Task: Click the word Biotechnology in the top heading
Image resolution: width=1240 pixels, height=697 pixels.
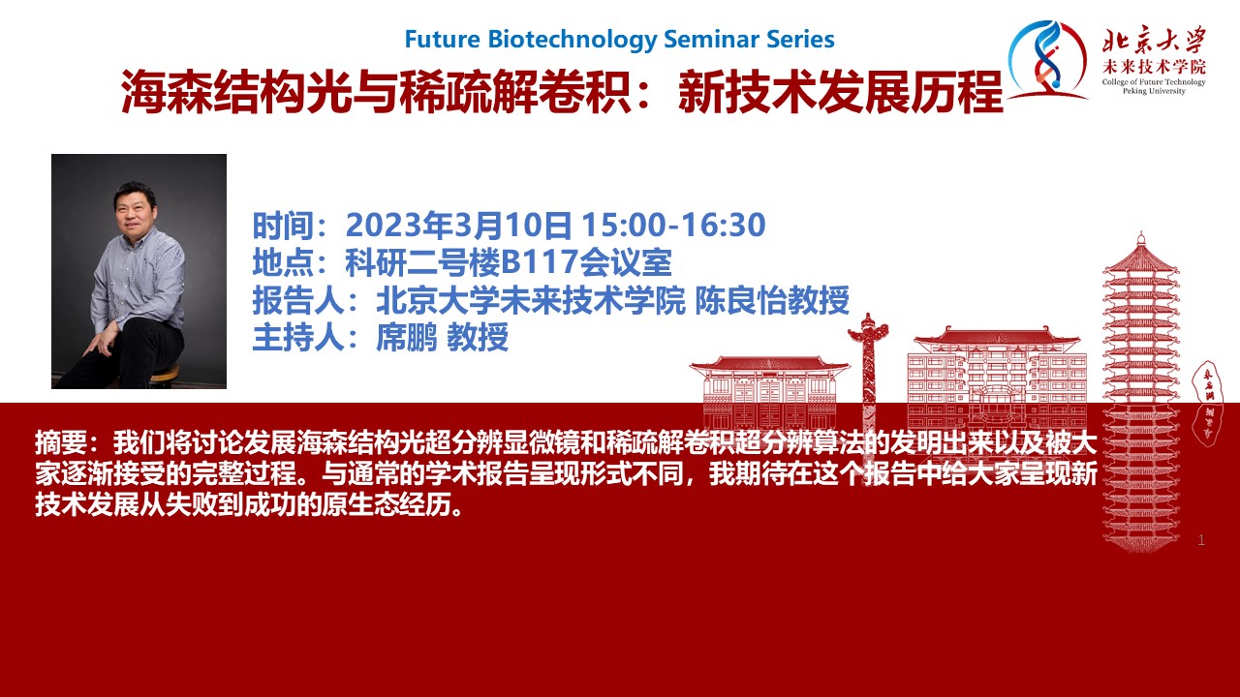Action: pyautogui.click(x=572, y=40)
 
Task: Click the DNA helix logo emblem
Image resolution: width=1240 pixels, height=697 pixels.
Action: pyautogui.click(x=1046, y=61)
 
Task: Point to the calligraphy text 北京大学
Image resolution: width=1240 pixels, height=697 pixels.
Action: pyautogui.click(x=1155, y=40)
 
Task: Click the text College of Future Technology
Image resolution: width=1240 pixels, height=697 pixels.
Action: pyautogui.click(x=1154, y=82)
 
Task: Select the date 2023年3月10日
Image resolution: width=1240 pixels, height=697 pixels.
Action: pyautogui.click(x=458, y=226)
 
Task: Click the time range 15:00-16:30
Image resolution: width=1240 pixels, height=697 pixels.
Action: pyautogui.click(x=673, y=225)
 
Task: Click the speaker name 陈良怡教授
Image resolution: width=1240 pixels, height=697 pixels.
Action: pyautogui.click(x=772, y=300)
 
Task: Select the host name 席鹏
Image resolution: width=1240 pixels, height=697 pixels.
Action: pyautogui.click(x=407, y=337)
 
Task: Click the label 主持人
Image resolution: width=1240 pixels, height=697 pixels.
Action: pyautogui.click(x=299, y=337)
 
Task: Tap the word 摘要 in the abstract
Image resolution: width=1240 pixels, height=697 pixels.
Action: pyautogui.click(x=61, y=442)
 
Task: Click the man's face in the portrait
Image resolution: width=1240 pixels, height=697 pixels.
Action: pyautogui.click(x=134, y=210)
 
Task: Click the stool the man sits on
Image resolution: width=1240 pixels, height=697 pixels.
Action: pyautogui.click(x=164, y=375)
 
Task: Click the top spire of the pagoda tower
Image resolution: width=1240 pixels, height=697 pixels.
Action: pyautogui.click(x=1141, y=242)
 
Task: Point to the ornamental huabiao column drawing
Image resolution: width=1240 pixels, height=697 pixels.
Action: pyautogui.click(x=868, y=377)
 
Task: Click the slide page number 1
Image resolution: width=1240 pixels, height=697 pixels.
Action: pyautogui.click(x=1201, y=540)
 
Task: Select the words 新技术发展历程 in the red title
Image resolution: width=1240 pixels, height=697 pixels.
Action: pyautogui.click(x=841, y=92)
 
